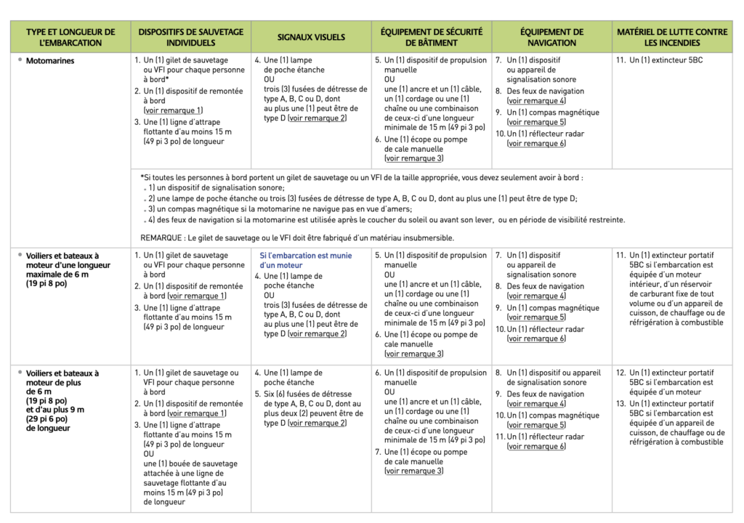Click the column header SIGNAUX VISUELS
[311, 37]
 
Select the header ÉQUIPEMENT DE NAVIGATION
[551, 37]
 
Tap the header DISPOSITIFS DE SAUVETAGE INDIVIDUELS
[191, 37]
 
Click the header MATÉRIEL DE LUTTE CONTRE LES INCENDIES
[672, 37]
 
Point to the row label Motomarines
[50, 61]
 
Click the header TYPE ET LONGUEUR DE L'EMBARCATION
[70, 37]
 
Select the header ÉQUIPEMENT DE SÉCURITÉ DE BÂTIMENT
[432, 37]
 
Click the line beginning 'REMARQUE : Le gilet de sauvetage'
[297, 238]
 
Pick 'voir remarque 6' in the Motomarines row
[537, 144]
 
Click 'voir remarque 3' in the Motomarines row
[414, 158]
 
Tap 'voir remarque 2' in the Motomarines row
[318, 118]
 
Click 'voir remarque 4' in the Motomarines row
[537, 101]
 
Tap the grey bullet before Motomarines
[20, 60]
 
